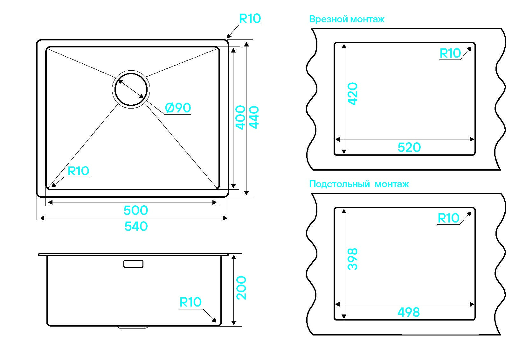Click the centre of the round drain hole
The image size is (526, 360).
point(131,89)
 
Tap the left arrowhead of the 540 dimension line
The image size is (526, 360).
point(42,218)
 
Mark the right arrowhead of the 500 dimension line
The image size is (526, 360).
point(214,202)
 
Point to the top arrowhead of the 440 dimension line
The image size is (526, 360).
point(246,45)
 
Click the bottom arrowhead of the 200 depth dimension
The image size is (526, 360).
point(233,323)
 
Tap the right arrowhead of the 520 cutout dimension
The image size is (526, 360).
point(472,139)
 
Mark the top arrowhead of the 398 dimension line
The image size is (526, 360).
point(344,211)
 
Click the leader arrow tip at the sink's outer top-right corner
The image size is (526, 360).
point(227,37)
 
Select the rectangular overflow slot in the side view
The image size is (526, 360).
point(133,264)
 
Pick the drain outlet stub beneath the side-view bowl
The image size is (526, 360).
point(133,327)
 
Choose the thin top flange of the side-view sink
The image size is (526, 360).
point(133,255)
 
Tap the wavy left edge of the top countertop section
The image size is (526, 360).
point(312,99)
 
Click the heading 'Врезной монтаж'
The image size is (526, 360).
point(347,19)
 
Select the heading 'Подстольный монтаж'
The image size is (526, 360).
point(359,184)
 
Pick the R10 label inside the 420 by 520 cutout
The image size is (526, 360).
point(450,53)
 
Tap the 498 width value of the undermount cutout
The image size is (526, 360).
point(409,312)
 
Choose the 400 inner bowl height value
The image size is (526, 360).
point(240,117)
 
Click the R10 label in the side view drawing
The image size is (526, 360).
point(190,302)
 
